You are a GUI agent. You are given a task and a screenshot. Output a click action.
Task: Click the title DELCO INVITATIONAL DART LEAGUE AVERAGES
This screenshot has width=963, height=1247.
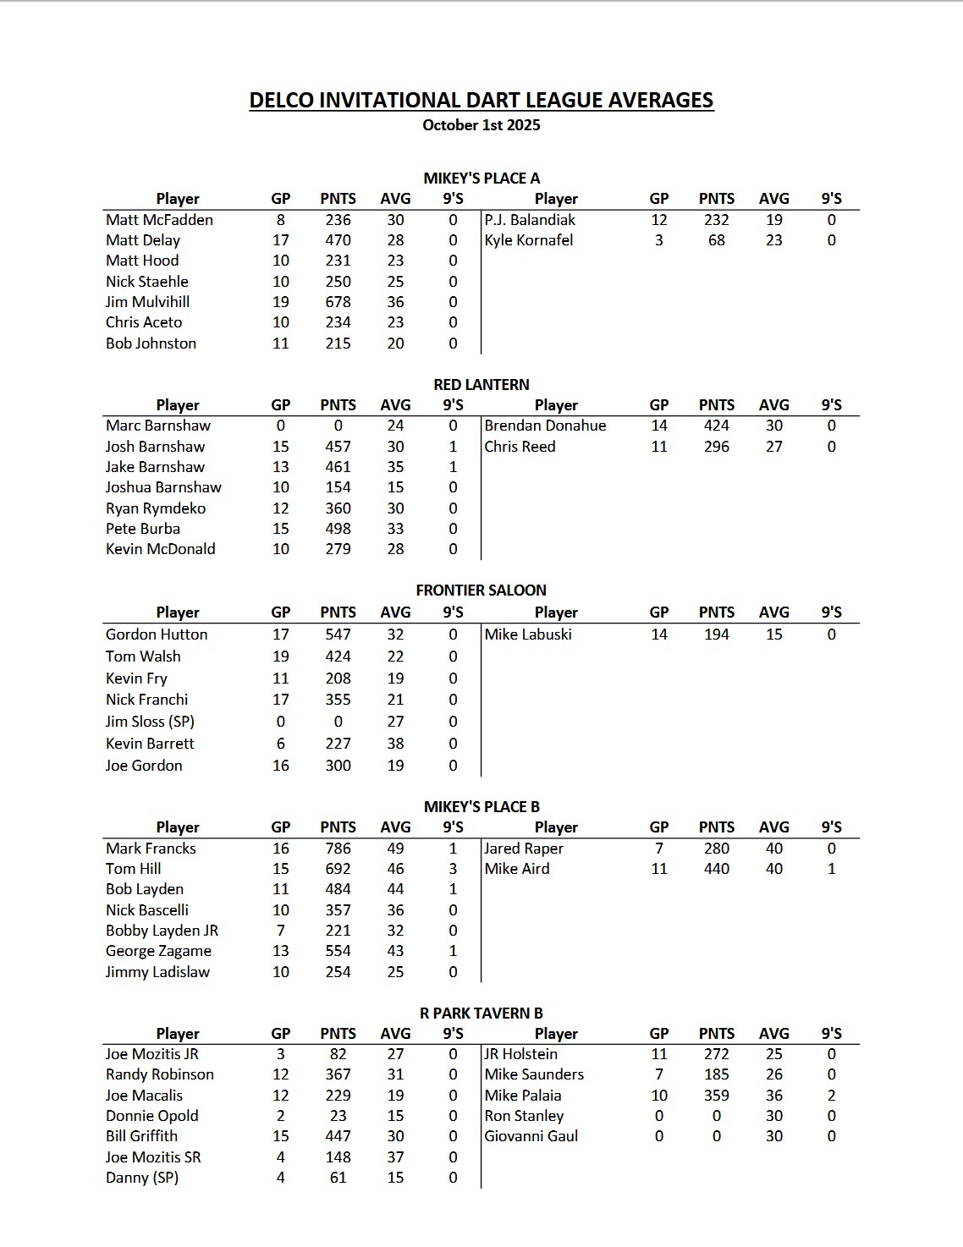(x=481, y=100)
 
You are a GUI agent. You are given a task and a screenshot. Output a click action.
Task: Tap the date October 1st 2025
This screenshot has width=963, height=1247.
(x=481, y=125)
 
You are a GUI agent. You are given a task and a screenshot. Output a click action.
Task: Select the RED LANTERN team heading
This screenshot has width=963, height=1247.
(x=481, y=384)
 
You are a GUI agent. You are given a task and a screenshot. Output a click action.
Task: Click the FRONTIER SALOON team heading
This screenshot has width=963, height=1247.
(x=481, y=591)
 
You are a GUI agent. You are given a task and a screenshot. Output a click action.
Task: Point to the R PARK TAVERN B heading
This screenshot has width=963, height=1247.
(x=481, y=1013)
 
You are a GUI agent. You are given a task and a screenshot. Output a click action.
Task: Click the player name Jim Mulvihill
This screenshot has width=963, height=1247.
(x=147, y=302)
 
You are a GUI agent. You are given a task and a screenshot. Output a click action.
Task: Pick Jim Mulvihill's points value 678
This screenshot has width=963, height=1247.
(x=338, y=302)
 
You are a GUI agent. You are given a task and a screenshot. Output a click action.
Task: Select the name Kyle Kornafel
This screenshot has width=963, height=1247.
(x=528, y=240)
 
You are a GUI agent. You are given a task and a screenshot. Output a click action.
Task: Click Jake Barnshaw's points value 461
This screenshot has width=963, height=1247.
(x=338, y=467)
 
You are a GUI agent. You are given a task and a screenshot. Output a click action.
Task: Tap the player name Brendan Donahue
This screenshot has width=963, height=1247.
(x=545, y=426)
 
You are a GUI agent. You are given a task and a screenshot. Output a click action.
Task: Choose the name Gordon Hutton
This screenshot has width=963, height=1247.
(x=157, y=634)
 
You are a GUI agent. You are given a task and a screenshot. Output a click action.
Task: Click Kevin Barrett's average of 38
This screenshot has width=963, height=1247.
(x=395, y=744)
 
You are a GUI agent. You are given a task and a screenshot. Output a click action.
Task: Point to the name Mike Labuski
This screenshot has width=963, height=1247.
(x=528, y=634)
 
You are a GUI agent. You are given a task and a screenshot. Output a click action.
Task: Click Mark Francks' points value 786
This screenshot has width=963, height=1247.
(x=338, y=849)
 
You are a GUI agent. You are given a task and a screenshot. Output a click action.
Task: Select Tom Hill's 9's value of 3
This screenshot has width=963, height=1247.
(x=453, y=869)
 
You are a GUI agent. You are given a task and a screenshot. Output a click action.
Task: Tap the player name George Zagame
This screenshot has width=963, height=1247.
(x=158, y=951)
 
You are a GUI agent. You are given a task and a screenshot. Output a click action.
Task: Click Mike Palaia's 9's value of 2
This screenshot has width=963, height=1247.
(x=831, y=1096)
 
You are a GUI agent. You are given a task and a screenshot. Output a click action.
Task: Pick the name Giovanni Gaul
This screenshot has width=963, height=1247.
(x=531, y=1136)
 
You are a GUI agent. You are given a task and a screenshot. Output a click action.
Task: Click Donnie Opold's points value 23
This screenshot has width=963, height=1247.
(x=338, y=1116)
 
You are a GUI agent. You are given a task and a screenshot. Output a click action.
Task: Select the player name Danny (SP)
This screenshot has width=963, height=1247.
(x=142, y=1178)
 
